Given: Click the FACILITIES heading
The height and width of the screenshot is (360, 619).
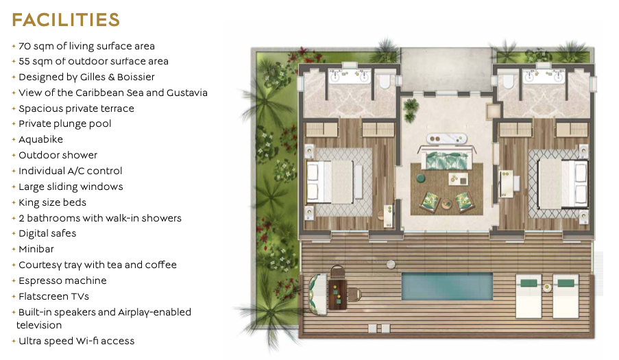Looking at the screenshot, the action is (x=66, y=20).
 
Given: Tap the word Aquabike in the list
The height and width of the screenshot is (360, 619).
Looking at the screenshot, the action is (x=40, y=139).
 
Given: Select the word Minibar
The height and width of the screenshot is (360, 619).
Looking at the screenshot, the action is (x=36, y=249).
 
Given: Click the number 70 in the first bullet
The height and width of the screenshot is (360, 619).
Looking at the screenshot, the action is (x=25, y=46).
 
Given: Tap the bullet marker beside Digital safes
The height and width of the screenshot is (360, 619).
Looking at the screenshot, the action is (x=14, y=234).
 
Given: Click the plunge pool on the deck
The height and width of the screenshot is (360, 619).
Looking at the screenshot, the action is (x=447, y=286).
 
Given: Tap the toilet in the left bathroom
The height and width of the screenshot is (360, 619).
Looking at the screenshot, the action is (x=384, y=82).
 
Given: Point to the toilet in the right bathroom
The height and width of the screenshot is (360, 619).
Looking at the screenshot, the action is (x=509, y=82).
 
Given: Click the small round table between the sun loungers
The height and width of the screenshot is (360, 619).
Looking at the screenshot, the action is (x=547, y=288).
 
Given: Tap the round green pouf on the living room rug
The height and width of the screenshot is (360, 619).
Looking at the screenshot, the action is (x=421, y=178).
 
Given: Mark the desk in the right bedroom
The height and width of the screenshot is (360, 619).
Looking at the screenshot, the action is (x=506, y=184).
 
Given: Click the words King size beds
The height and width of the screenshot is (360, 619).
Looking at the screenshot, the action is (x=53, y=202).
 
